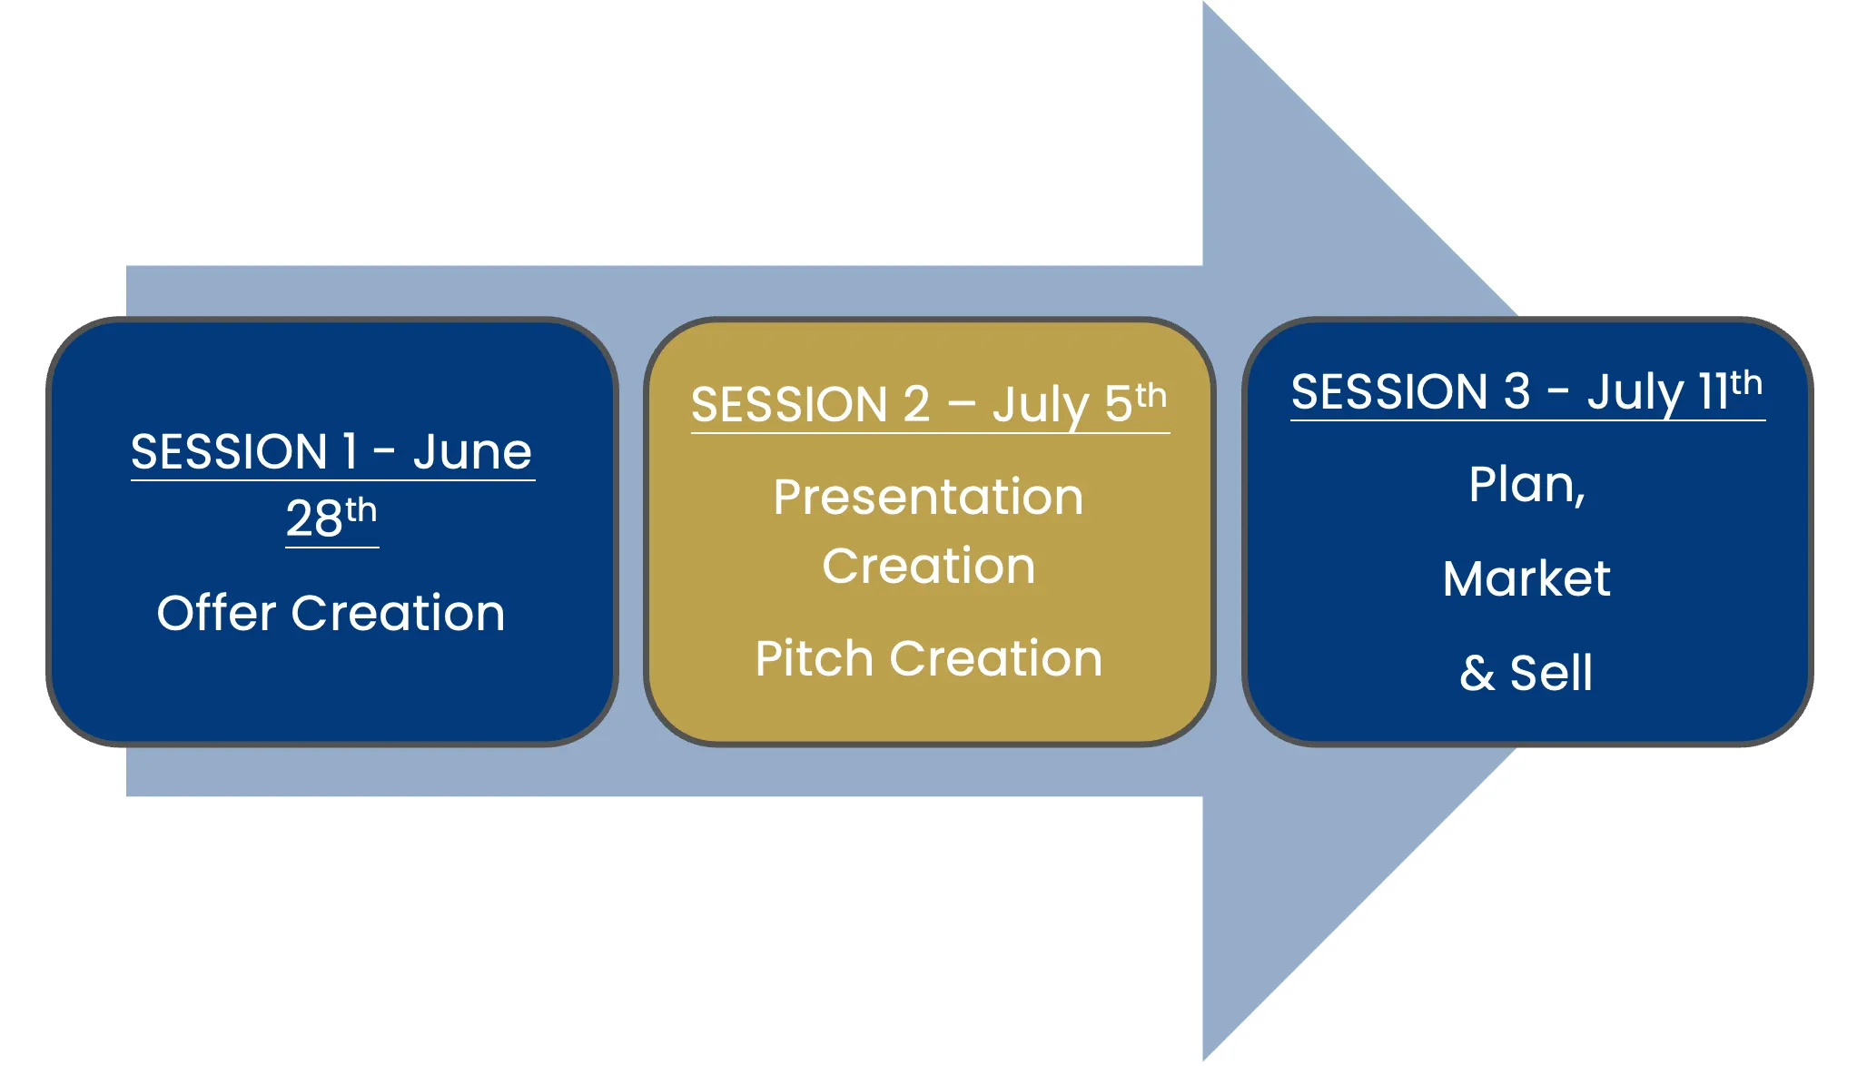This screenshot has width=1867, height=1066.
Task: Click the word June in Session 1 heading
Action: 472,452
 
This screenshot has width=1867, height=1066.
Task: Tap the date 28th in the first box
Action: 331,518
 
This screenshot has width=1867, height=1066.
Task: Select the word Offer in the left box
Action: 216,613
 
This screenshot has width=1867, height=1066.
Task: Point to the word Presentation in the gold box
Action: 928,498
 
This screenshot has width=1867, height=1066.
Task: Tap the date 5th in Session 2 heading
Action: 1135,402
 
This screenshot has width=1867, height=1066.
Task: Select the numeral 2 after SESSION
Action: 916,404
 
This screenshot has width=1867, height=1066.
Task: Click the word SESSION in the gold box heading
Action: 789,405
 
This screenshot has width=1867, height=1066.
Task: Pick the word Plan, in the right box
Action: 1527,484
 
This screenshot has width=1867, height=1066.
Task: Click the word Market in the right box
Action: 1526,578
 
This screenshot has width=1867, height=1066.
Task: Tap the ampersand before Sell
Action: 1477,674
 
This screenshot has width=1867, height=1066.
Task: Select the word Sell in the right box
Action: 1551,674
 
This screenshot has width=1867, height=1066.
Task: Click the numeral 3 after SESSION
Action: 1516,391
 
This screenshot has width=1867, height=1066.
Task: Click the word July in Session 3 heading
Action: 1635,392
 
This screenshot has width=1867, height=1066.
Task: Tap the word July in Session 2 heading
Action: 1041,405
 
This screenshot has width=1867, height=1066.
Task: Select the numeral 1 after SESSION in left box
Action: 350,451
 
